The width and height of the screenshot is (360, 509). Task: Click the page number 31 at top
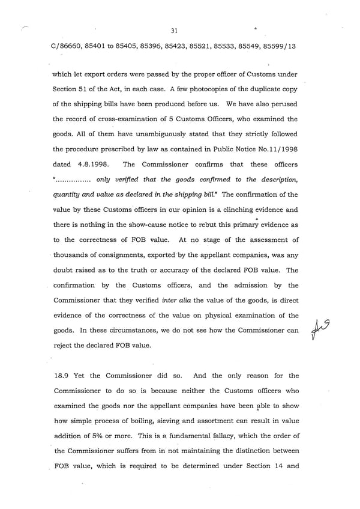pos(175,31)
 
